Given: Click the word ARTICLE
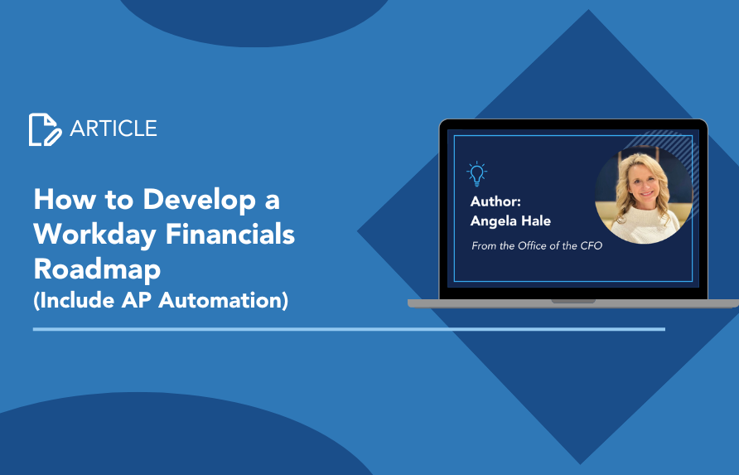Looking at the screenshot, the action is [114, 128].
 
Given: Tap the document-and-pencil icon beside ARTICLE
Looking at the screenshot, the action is [45, 129].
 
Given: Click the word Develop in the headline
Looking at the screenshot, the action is [200, 201].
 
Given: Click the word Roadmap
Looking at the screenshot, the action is [97, 269].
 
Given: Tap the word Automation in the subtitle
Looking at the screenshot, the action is [223, 300].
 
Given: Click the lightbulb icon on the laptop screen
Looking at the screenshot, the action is [476, 173].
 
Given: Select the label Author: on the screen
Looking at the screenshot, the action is [495, 201].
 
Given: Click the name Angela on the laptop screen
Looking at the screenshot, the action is [493, 221].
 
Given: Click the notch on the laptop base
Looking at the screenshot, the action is [573, 301].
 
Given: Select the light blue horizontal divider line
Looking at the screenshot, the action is [349, 329].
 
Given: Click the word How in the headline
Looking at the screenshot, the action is [64, 200].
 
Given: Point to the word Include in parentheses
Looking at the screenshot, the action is [74, 300].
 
